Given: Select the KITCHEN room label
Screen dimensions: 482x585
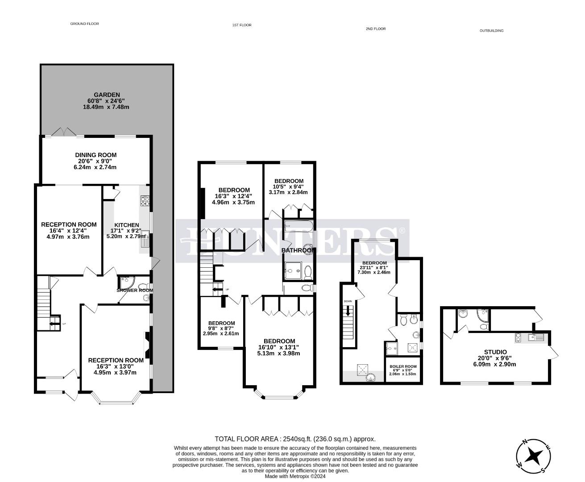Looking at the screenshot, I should tap(127, 225).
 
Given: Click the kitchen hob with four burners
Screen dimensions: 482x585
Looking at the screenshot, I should tap(145, 201).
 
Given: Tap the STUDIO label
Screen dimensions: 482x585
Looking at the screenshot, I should tap(495, 352).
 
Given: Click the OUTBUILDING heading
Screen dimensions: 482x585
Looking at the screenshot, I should tap(491, 31).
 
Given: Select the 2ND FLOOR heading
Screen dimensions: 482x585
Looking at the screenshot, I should tap(375, 29).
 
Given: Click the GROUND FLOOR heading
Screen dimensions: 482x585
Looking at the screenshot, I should tap(84, 24).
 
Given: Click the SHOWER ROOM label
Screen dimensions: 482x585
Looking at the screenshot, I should tap(135, 290).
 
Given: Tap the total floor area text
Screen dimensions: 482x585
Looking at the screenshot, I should tap(295, 439).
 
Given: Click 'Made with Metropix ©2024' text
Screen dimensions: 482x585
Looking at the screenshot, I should tap(295, 476).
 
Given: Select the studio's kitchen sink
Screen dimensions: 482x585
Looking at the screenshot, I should tap(535, 337).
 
